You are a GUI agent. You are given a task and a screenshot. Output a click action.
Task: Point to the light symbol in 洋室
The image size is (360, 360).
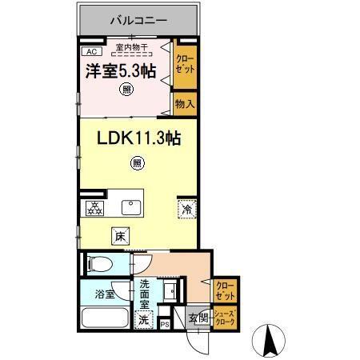(127, 90)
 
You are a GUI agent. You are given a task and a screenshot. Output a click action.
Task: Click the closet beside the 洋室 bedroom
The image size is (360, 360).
(186, 64)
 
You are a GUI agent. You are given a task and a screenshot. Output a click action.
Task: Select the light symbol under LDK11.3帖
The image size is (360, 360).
(137, 165)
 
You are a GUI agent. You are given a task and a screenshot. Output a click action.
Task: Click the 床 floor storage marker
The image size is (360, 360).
(119, 236)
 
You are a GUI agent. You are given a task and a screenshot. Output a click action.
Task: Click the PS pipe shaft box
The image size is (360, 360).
(165, 324)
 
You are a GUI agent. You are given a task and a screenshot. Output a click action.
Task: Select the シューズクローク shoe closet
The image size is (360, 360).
(224, 318)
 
